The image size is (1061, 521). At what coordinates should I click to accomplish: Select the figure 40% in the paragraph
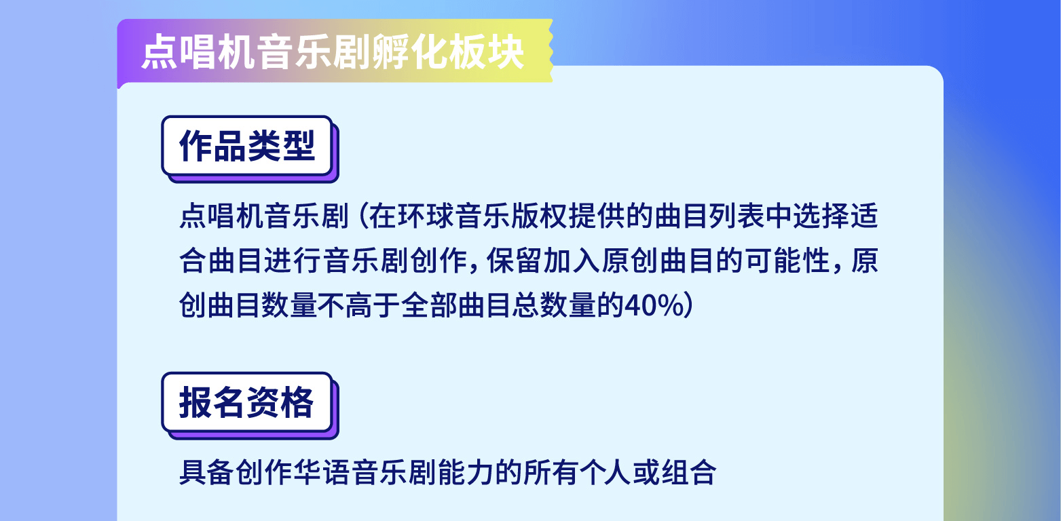[654, 305]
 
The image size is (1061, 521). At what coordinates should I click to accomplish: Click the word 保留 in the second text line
[515, 260]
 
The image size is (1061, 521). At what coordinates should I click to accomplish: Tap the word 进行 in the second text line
[292, 260]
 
